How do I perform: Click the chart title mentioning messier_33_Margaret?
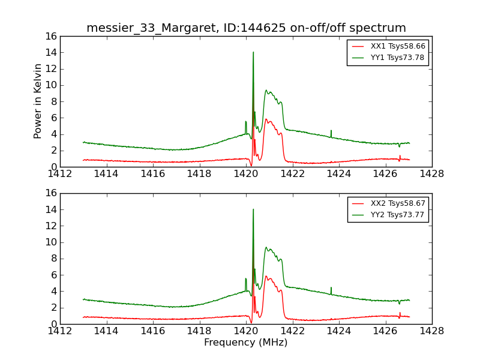[x=246, y=28]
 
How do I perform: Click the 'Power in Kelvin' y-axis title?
[x=38, y=101]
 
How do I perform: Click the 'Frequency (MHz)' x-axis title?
[x=246, y=343]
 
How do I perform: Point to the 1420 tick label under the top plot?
[x=246, y=174]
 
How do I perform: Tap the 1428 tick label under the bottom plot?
[x=432, y=331]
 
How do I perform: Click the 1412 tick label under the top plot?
[x=60, y=174]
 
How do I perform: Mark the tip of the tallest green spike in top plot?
[x=253, y=52]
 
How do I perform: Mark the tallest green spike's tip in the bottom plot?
[x=253, y=209]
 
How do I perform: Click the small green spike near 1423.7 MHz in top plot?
[x=331, y=131]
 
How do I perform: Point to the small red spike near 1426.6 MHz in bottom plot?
[x=400, y=313]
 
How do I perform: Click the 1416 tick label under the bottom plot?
[x=153, y=331]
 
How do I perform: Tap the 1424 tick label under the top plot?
[x=339, y=174]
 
